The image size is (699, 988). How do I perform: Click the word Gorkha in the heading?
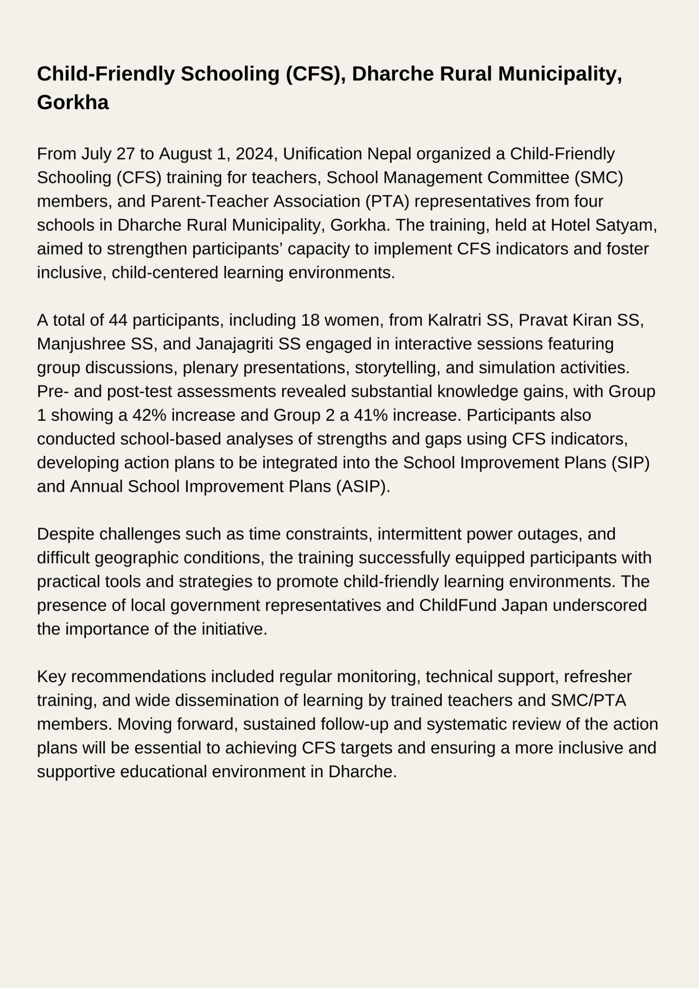pos(73,103)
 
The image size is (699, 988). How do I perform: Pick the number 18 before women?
pos(310,320)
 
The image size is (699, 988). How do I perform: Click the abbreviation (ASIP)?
pos(363,487)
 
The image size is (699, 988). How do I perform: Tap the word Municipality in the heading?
pos(560,74)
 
